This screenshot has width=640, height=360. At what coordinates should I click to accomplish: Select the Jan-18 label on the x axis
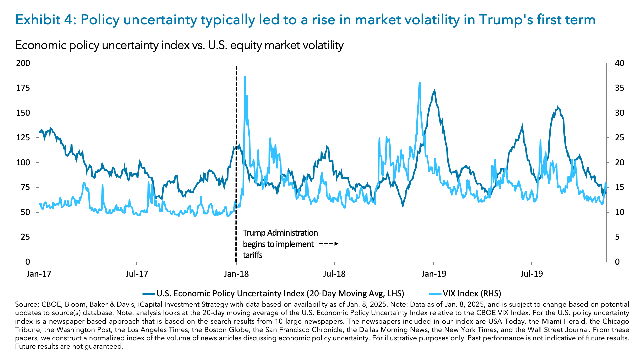(236, 274)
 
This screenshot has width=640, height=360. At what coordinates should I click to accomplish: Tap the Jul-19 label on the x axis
(531, 274)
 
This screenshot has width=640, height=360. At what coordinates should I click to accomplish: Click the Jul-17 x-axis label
(137, 274)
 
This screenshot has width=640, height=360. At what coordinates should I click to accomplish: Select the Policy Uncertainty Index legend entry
(280, 293)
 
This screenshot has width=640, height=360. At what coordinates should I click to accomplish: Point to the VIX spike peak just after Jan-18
(245, 77)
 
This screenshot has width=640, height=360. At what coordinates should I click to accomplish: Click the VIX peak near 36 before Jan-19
(420, 83)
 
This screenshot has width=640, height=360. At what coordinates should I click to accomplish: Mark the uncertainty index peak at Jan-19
(434, 90)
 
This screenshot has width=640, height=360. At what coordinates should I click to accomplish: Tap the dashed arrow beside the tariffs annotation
(328, 244)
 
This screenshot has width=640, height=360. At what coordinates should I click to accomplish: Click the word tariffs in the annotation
(253, 255)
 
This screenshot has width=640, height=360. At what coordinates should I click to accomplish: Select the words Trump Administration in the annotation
(280, 233)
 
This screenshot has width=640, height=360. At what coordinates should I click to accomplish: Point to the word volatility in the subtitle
(320, 45)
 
